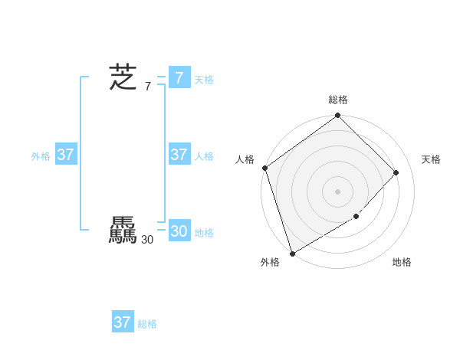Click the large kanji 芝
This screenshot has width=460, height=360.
click(x=123, y=77)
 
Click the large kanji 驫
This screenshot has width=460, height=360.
click(x=123, y=231)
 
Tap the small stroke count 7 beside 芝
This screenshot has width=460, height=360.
click(x=148, y=87)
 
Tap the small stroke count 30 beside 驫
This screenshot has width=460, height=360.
click(x=147, y=240)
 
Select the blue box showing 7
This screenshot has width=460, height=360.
click(x=179, y=77)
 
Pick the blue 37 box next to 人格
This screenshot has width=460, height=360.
click(x=179, y=155)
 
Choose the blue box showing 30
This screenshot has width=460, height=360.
click(x=179, y=231)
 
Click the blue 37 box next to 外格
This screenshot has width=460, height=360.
click(x=65, y=155)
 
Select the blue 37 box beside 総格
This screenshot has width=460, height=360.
click(x=122, y=322)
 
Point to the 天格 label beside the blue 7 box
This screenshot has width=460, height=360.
click(x=204, y=80)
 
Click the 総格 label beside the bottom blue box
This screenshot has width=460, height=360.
click(x=147, y=324)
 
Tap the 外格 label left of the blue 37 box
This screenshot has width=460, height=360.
click(x=41, y=156)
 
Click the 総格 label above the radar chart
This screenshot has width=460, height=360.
click(x=338, y=100)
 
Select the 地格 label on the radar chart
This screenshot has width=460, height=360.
click(x=402, y=262)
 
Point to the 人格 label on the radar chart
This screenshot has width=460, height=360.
click(x=245, y=159)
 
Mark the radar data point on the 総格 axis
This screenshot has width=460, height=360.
click(x=338, y=116)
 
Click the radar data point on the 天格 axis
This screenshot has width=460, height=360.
click(x=396, y=172)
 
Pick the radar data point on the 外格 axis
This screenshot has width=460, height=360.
click(x=292, y=253)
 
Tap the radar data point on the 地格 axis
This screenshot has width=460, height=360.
click(x=356, y=217)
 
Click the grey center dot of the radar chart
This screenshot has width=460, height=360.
click(x=338, y=191)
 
